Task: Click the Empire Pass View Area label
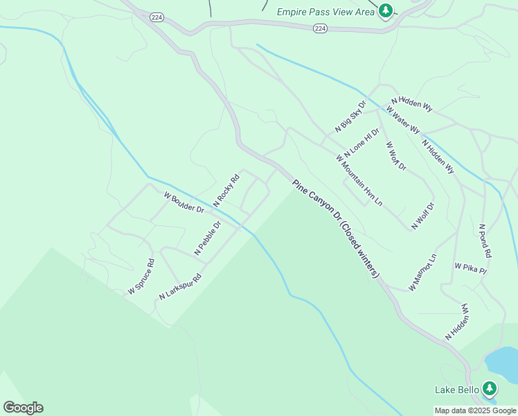pos(325,11)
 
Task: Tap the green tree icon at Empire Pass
pos(386,10)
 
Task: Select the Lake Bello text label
pos(457,390)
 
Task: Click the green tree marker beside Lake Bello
pos(490,388)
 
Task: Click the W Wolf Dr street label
pos(396,155)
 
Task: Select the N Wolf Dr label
pos(422,216)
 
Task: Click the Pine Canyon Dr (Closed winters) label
pos(336,229)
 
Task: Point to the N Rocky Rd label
pos(226,189)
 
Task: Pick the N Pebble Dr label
pos(207,238)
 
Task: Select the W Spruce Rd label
pos(141,277)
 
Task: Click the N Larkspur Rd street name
pos(180,287)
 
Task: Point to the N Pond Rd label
pos(485,241)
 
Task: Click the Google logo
pos(23,408)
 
